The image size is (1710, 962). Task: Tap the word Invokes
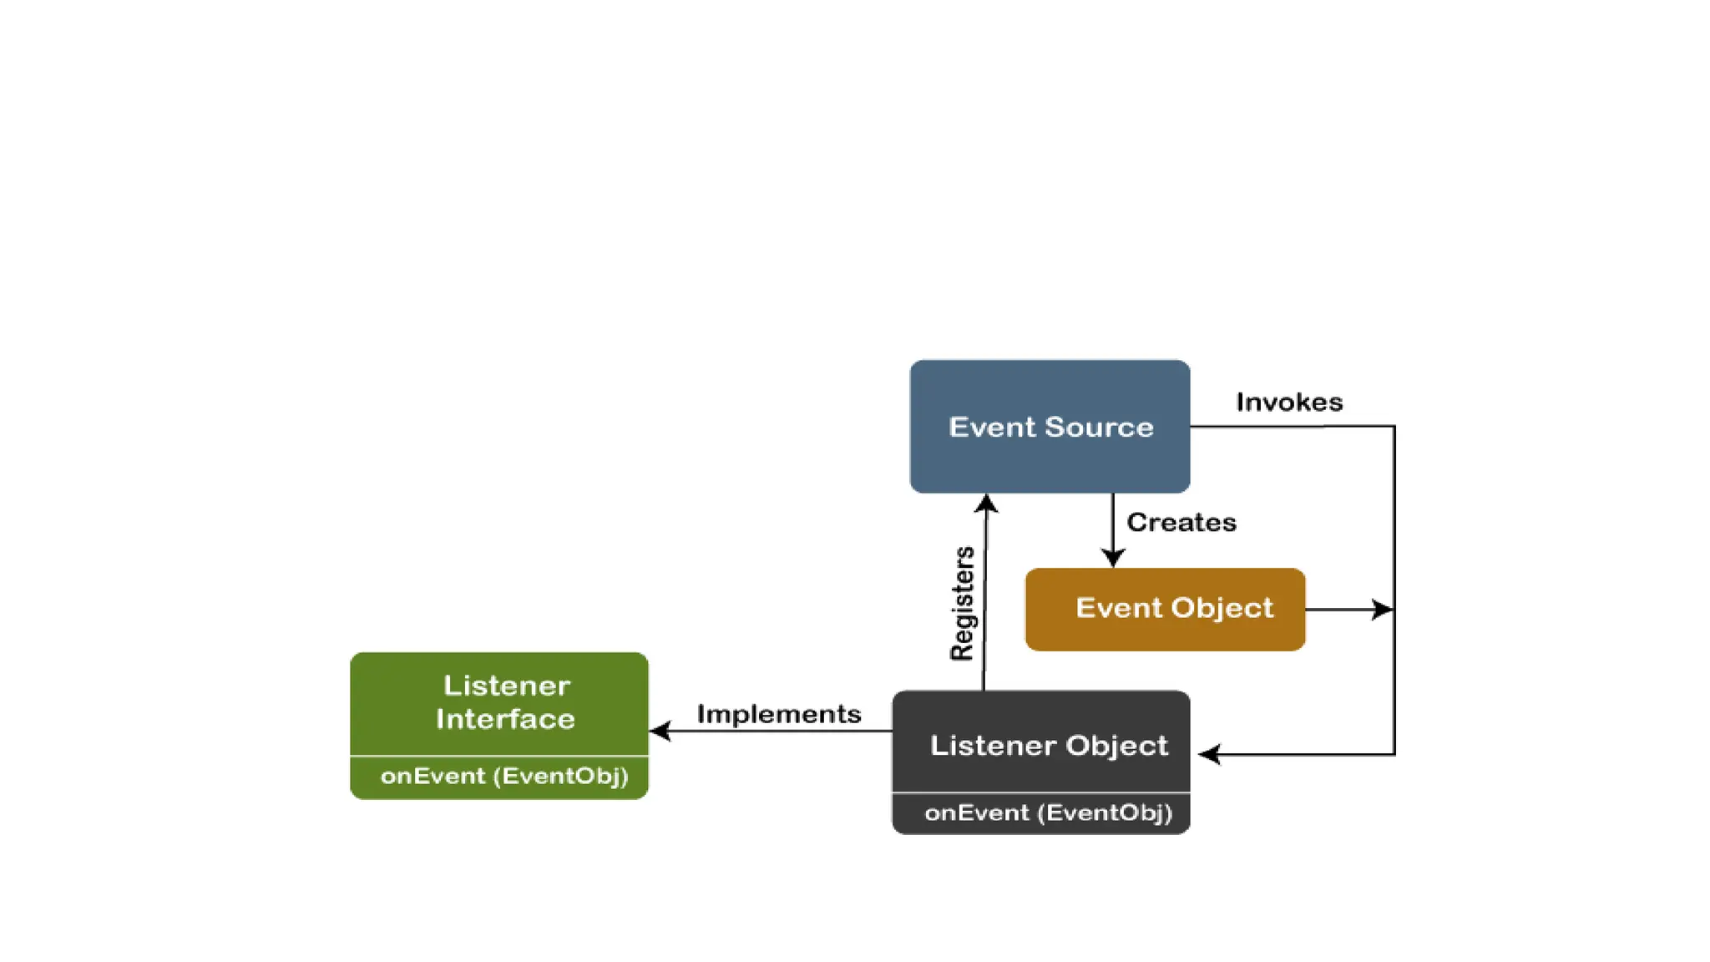point(1288,403)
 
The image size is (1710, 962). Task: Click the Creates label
point(1181,523)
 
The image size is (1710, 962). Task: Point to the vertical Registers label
point(963,603)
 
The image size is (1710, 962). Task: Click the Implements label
point(778,714)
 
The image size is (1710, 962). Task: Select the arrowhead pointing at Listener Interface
point(660,732)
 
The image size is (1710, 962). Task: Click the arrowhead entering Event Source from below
point(986,503)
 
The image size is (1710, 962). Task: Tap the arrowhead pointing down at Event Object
point(1112,558)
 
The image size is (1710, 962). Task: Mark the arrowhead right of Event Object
point(1383,610)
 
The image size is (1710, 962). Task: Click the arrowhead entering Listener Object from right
point(1209,754)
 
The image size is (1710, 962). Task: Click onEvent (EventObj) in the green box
point(503,777)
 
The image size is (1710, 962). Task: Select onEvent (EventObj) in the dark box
point(1048,813)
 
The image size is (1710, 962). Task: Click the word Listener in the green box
point(506,686)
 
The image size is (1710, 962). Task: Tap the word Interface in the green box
point(505,719)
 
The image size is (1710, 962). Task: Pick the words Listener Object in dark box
point(1048,745)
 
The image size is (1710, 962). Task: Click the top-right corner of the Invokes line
point(1394,427)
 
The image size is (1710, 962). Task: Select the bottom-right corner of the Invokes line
point(1394,754)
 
